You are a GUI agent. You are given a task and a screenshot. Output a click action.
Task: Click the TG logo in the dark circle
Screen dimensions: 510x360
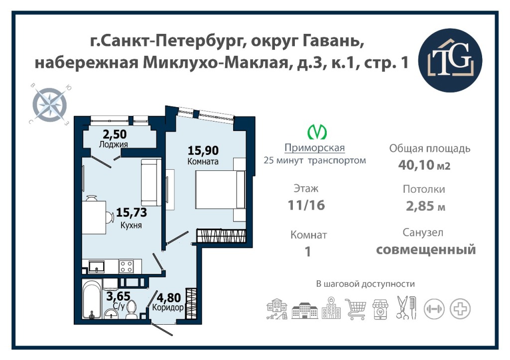[x=450, y=60]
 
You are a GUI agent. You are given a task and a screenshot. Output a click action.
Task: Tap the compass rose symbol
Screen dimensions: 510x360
[x=50, y=105]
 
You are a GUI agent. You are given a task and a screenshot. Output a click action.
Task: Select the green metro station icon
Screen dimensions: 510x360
[x=317, y=131]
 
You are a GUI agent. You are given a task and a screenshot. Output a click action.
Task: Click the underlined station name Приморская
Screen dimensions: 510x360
[x=315, y=148]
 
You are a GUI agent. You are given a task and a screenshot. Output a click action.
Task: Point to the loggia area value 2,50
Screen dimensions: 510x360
[x=115, y=134]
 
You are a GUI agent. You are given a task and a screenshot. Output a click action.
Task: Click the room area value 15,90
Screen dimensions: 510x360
[x=203, y=150]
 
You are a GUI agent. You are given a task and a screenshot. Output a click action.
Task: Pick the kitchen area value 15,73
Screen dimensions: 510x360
[x=131, y=212]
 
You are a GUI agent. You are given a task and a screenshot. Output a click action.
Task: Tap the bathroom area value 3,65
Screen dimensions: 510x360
[x=119, y=296]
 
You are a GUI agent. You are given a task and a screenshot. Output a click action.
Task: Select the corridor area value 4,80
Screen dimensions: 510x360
[x=169, y=298]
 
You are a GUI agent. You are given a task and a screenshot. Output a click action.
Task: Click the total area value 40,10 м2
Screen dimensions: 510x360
[x=424, y=165]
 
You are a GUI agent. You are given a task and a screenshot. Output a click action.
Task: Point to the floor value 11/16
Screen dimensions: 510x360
[x=306, y=205]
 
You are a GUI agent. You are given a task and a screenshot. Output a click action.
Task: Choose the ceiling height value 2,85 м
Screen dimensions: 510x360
[x=425, y=206]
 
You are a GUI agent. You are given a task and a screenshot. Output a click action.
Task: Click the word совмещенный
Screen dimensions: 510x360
[x=426, y=250]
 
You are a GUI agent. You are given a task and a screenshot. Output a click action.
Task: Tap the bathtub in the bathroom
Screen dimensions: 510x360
[x=92, y=299]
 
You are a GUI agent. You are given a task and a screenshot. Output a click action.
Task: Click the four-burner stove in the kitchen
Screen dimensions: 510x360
[x=126, y=267]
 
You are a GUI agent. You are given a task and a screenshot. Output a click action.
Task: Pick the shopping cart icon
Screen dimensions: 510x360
[x=356, y=309]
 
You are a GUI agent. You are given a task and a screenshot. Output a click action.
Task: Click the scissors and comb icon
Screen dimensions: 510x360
[x=406, y=307]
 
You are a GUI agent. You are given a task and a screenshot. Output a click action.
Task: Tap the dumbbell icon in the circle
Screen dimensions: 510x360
[x=434, y=309]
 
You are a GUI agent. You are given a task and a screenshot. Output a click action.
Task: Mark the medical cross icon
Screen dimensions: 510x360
[x=460, y=309]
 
